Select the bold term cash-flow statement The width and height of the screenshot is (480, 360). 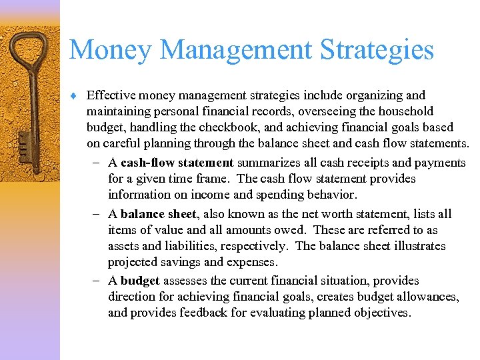pyautogui.click(x=177, y=163)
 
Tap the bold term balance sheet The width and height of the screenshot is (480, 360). pyautogui.click(x=158, y=214)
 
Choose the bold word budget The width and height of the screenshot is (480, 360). pyautogui.click(x=140, y=281)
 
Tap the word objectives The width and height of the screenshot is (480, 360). pyautogui.click(x=380, y=313)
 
